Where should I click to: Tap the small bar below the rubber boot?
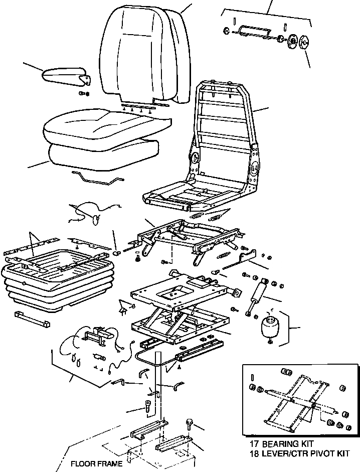[33, 318]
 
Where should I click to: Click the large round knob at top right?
[304, 42]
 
